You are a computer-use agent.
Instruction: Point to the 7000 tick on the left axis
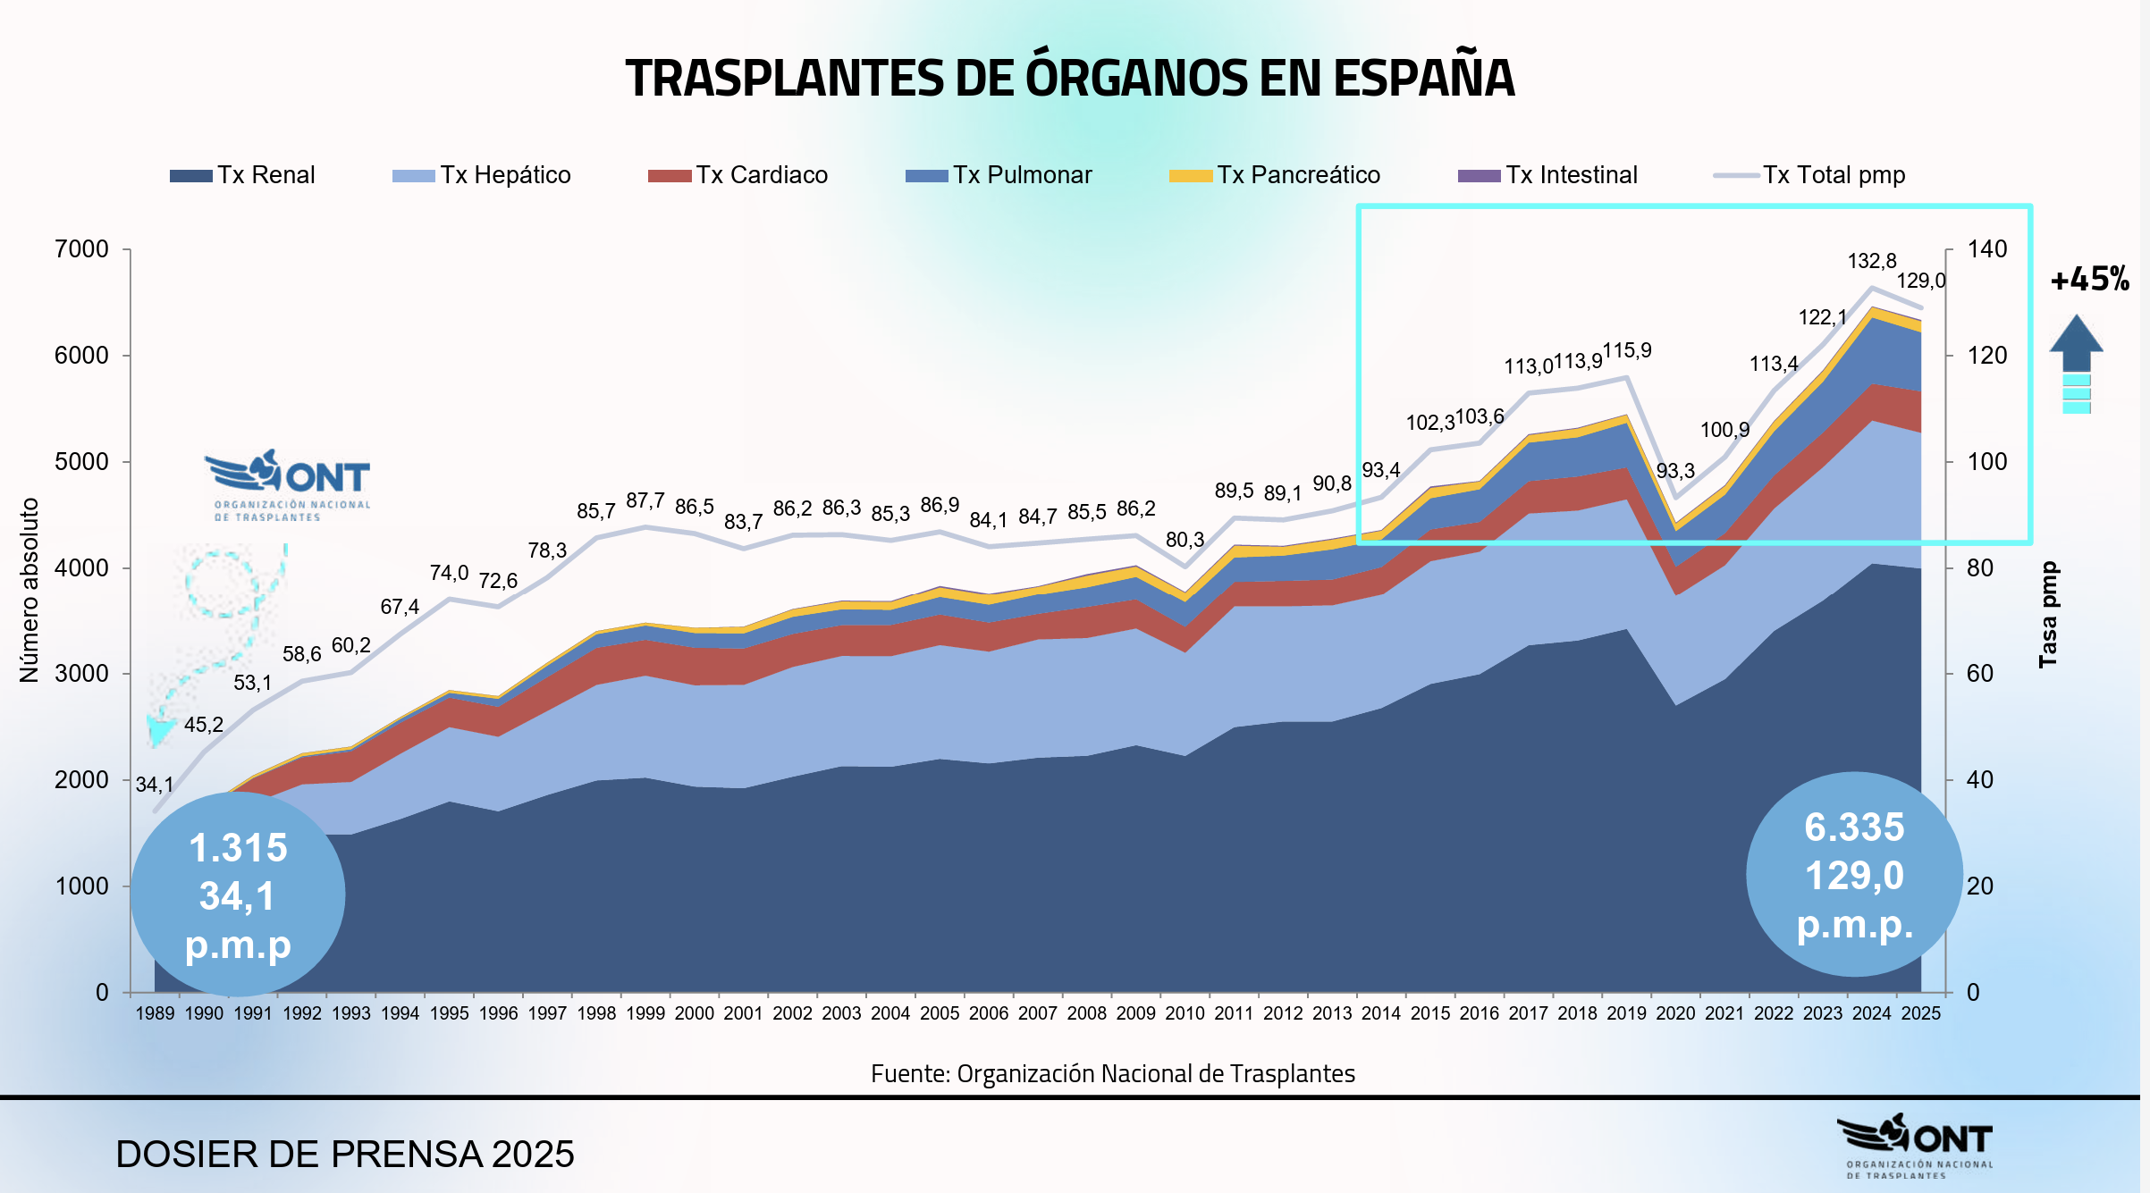coord(81,249)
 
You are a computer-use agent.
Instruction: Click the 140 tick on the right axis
coord(1986,249)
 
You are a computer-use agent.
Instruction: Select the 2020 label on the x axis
coord(1674,1013)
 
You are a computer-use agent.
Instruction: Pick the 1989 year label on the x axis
coord(155,1013)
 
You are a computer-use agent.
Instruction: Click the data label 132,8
coord(1871,261)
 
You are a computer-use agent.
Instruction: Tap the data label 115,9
coord(1626,350)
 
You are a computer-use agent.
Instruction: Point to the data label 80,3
coord(1185,540)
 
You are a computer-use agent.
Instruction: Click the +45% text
coord(2089,280)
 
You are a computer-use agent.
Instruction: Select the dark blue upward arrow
coord(2076,344)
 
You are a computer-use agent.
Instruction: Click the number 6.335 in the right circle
coord(1853,828)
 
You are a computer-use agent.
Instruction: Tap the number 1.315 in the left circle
coord(238,848)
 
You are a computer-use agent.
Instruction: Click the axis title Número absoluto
coord(30,590)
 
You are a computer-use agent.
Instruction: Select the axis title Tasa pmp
coord(2047,615)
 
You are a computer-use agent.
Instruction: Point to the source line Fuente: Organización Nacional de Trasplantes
coord(1112,1073)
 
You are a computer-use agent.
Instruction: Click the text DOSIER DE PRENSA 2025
coord(344,1155)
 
